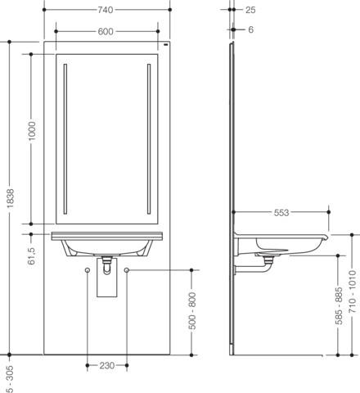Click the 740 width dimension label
[x=106, y=10]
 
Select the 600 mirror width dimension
[x=106, y=32]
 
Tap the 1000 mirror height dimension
[x=32, y=131]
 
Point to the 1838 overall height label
[x=10, y=198]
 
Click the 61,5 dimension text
[x=32, y=256]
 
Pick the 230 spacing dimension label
[x=107, y=365]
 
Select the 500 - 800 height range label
[x=192, y=310]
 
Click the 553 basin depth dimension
[x=281, y=213]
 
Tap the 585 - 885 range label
[x=339, y=305]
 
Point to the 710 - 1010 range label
[x=353, y=291]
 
